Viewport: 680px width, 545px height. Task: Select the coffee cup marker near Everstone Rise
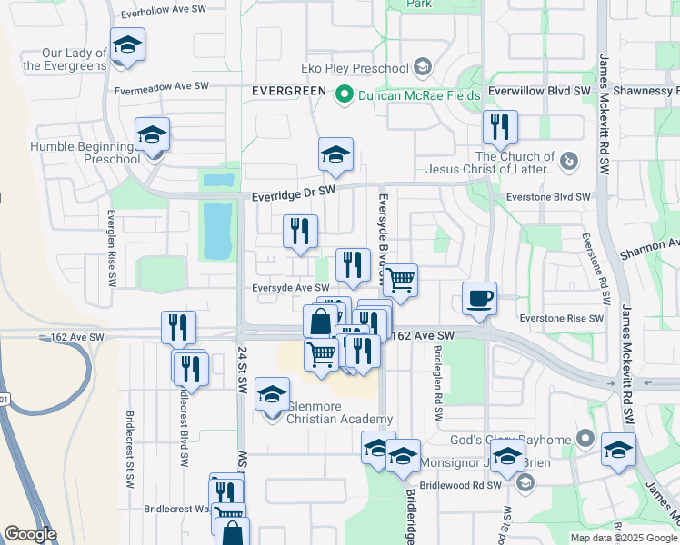point(479,298)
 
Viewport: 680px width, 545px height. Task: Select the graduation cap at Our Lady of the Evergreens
point(127,46)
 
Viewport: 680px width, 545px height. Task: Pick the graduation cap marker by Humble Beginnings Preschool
point(153,136)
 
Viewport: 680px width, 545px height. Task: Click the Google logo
point(30,534)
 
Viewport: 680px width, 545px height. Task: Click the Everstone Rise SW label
point(561,318)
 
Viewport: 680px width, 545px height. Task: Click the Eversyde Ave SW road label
point(291,288)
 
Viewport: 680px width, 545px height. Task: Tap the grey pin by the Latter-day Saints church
point(568,162)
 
